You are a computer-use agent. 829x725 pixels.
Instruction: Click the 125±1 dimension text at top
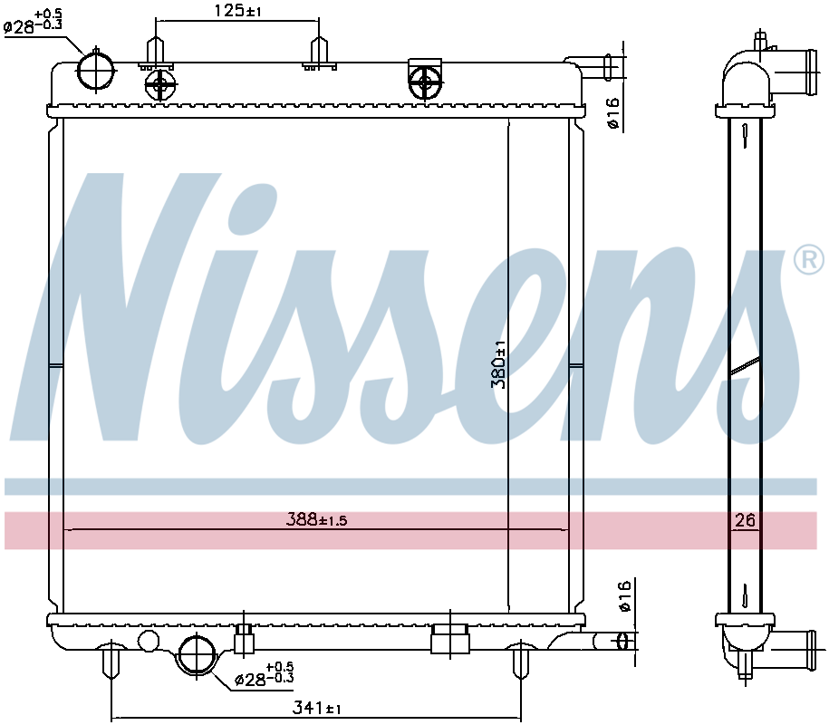pyautogui.click(x=236, y=10)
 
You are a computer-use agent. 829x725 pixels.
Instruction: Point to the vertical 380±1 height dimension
pyautogui.click(x=497, y=364)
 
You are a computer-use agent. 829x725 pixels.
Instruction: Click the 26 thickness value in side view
pyautogui.click(x=745, y=520)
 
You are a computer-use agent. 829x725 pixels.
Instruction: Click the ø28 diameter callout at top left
pyautogui.click(x=34, y=20)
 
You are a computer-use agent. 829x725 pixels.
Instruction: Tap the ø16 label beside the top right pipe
pyautogui.click(x=613, y=113)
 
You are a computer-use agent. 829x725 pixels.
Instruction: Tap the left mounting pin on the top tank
pyautogui.click(x=156, y=51)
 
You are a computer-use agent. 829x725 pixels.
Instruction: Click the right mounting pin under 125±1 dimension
pyautogui.click(x=318, y=53)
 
